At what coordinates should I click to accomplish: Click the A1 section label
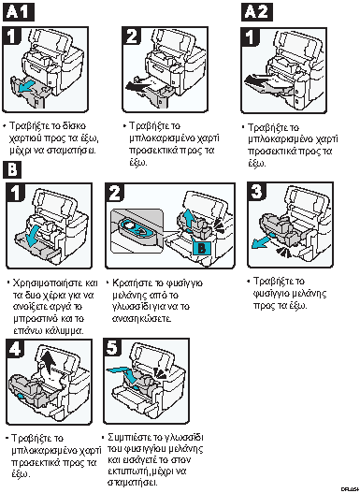[x=18, y=12]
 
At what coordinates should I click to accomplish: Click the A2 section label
[x=257, y=12]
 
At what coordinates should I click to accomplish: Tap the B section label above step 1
[x=12, y=170]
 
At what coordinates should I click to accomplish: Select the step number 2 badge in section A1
[x=132, y=36]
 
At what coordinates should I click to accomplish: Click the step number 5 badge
[x=112, y=348]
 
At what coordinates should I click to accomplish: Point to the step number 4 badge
[x=15, y=348]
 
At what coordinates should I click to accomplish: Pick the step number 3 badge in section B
[x=257, y=192]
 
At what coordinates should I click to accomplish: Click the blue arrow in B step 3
[x=263, y=240]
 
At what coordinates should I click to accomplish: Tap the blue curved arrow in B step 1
[x=34, y=235]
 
